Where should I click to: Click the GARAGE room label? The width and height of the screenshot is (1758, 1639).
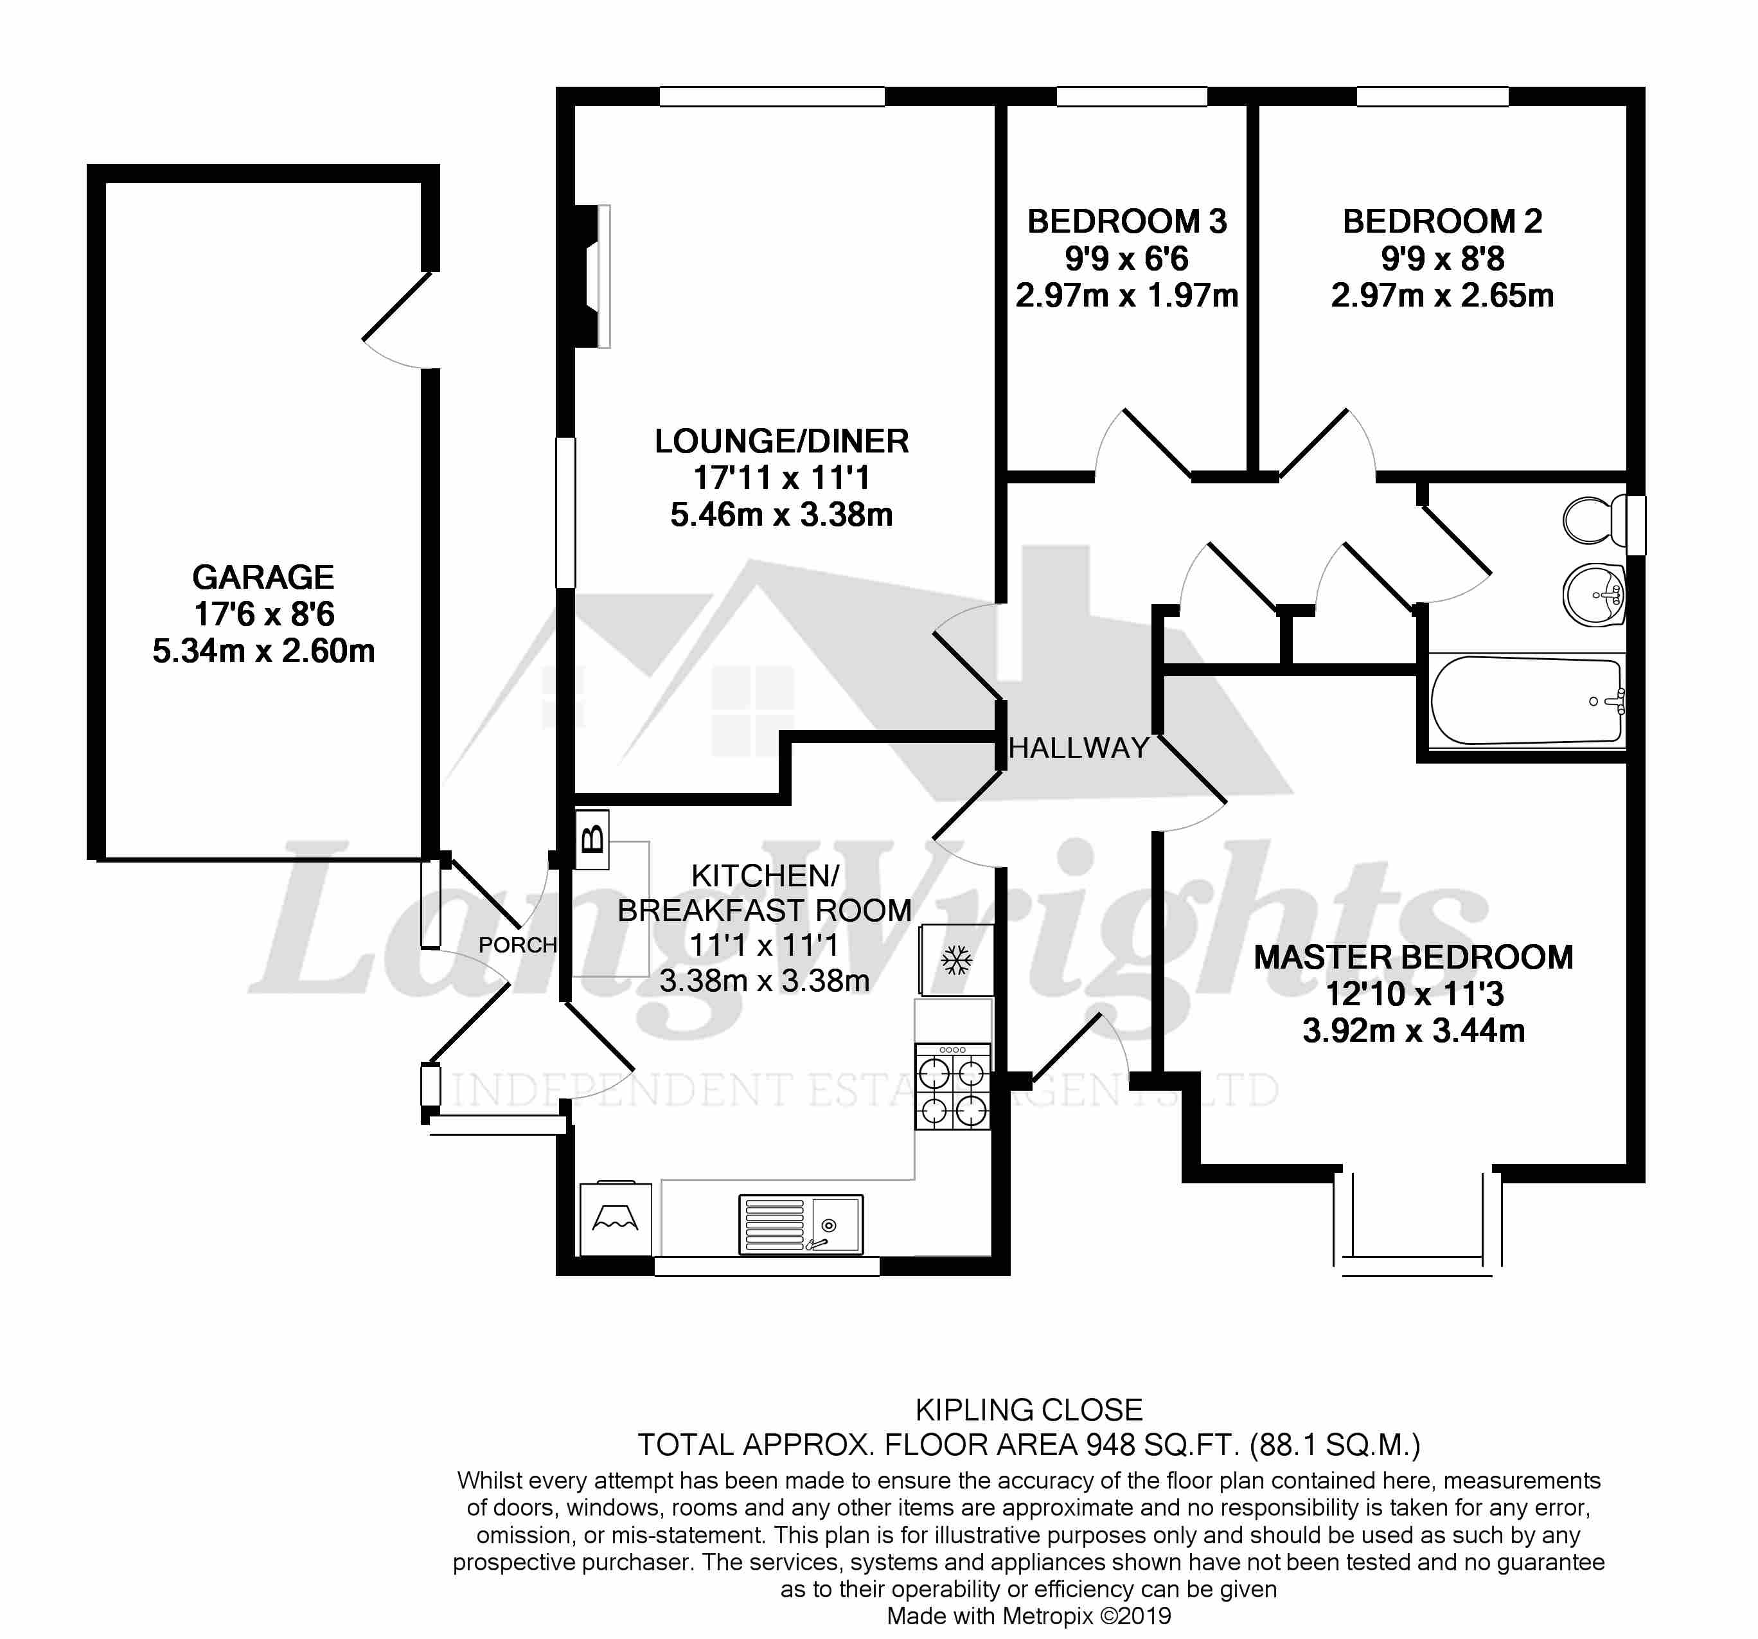click(263, 577)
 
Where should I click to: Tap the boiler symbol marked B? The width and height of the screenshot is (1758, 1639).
click(592, 837)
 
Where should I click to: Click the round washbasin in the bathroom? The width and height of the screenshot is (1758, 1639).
click(1594, 595)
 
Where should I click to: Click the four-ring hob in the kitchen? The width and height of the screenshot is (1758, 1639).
click(952, 1087)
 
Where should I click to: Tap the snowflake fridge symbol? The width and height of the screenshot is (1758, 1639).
click(955, 960)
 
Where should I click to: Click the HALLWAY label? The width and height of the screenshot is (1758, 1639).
click(1078, 748)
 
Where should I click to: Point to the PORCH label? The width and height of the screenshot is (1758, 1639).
click(517, 945)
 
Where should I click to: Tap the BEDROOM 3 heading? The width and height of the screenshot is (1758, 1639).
click(1126, 221)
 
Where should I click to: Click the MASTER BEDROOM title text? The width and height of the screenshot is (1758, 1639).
click(1413, 957)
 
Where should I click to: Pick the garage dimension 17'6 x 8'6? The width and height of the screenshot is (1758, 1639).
click(263, 614)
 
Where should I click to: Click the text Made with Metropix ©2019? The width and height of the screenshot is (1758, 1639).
click(1029, 1616)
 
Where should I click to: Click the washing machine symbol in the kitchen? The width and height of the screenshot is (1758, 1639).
click(616, 1219)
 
